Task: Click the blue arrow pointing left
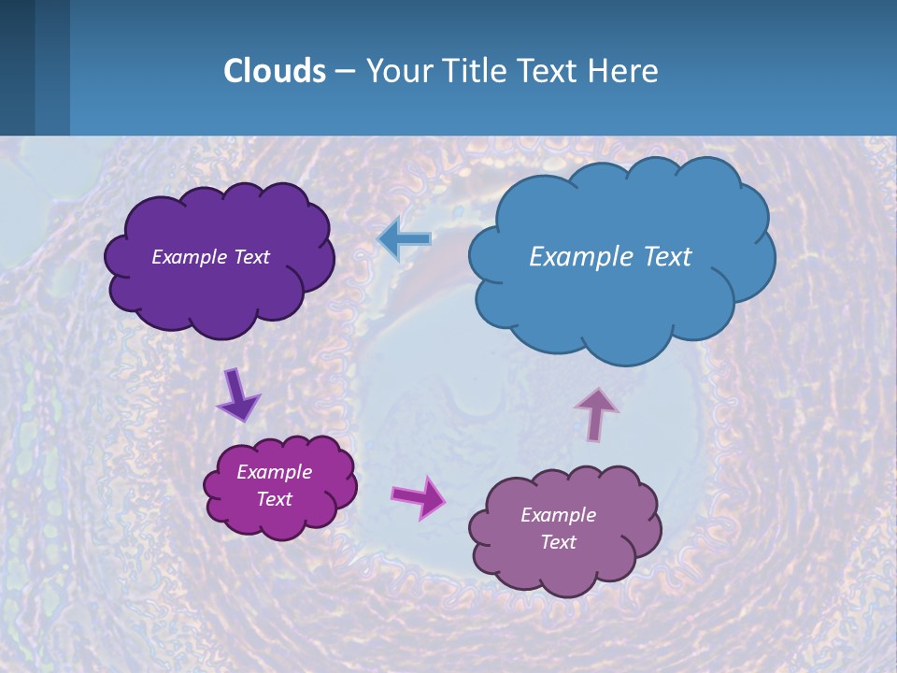[x=405, y=239]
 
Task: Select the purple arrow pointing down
[x=237, y=394]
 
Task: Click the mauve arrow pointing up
[x=595, y=413]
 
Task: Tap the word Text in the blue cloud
[x=668, y=256]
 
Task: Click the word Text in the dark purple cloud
[x=252, y=257]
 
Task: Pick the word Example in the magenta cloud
[x=274, y=472]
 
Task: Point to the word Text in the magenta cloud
[x=275, y=499]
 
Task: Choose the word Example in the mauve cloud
[x=558, y=515]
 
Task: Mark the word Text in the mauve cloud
[x=559, y=542]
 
